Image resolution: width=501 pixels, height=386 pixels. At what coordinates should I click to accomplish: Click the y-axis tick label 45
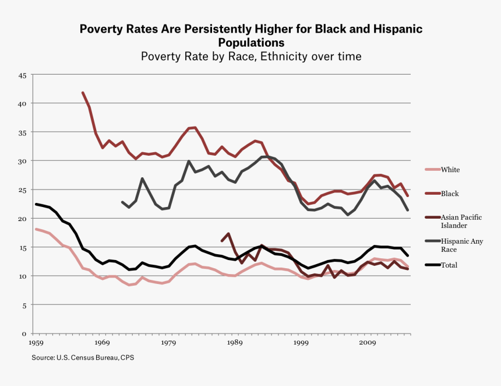click(23, 75)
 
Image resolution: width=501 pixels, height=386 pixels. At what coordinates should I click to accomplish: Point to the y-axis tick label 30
click(23, 161)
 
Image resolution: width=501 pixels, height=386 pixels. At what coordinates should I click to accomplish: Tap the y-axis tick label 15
click(23, 248)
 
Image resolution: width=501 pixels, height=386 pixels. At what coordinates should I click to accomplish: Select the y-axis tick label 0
click(24, 334)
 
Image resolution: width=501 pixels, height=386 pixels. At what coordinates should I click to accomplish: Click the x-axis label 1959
click(36, 343)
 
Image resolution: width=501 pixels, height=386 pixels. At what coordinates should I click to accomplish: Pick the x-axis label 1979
click(169, 343)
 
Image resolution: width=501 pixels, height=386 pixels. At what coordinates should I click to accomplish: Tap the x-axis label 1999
click(302, 343)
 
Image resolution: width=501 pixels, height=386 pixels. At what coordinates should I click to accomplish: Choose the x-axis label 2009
click(368, 343)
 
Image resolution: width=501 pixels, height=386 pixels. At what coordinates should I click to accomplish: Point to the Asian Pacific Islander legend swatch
click(428, 217)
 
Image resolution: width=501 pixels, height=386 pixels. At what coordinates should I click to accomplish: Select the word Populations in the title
click(251, 43)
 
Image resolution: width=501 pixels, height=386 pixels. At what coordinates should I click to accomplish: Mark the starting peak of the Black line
click(83, 92)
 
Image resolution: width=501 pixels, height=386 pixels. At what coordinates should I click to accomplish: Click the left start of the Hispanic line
click(122, 202)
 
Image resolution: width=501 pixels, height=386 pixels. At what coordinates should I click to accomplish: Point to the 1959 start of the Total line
click(36, 204)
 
